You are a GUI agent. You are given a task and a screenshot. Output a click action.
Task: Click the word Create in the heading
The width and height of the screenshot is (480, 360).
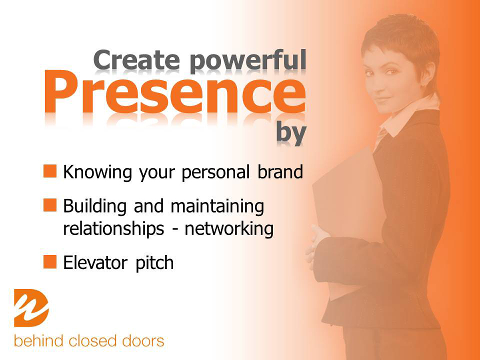[x=137, y=60]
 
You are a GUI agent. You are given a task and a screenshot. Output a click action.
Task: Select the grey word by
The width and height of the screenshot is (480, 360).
[x=291, y=133]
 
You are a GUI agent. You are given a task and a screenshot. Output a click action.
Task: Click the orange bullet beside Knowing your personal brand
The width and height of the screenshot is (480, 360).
[x=50, y=171]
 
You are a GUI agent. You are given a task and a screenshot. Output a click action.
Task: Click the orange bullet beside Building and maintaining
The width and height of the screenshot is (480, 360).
[x=50, y=205]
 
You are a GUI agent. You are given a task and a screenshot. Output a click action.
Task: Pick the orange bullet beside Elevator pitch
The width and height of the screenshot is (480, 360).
[x=50, y=262]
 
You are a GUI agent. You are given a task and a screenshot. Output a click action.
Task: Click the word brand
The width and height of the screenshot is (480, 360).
[x=280, y=172]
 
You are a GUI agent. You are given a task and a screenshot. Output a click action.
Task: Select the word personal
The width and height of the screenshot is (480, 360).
[x=216, y=173]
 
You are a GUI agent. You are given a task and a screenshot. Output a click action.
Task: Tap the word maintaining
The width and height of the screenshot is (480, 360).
[x=217, y=206]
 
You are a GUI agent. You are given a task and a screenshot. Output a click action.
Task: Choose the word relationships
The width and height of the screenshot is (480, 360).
[x=114, y=229]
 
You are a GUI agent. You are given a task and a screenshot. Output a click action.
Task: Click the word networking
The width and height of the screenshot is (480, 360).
[x=229, y=229]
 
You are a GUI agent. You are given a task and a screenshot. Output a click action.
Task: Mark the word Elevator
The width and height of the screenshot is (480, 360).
[x=95, y=262]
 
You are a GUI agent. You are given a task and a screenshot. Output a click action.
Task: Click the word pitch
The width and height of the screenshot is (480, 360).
[x=155, y=263]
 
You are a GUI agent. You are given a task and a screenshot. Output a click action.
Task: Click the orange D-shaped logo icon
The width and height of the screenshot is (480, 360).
[x=31, y=308]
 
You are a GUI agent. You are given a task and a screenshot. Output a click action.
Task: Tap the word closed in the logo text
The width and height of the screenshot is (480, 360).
[x=93, y=341]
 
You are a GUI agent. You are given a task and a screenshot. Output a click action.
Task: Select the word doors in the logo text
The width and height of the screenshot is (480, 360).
[x=143, y=341]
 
